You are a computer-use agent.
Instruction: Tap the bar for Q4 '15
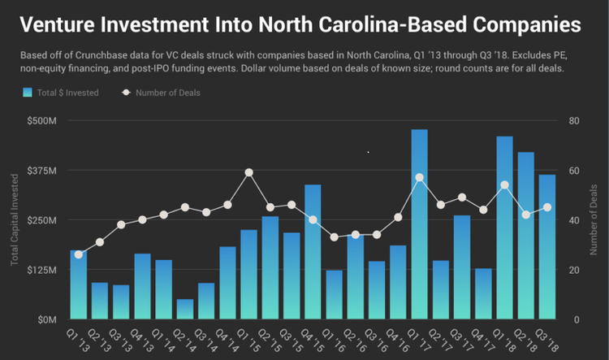click(313, 252)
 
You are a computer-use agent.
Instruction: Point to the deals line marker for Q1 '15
click(248, 172)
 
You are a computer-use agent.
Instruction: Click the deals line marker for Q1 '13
click(79, 254)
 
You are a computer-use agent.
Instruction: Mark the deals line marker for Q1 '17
click(419, 177)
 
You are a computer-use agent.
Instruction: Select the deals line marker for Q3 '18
click(546, 207)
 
